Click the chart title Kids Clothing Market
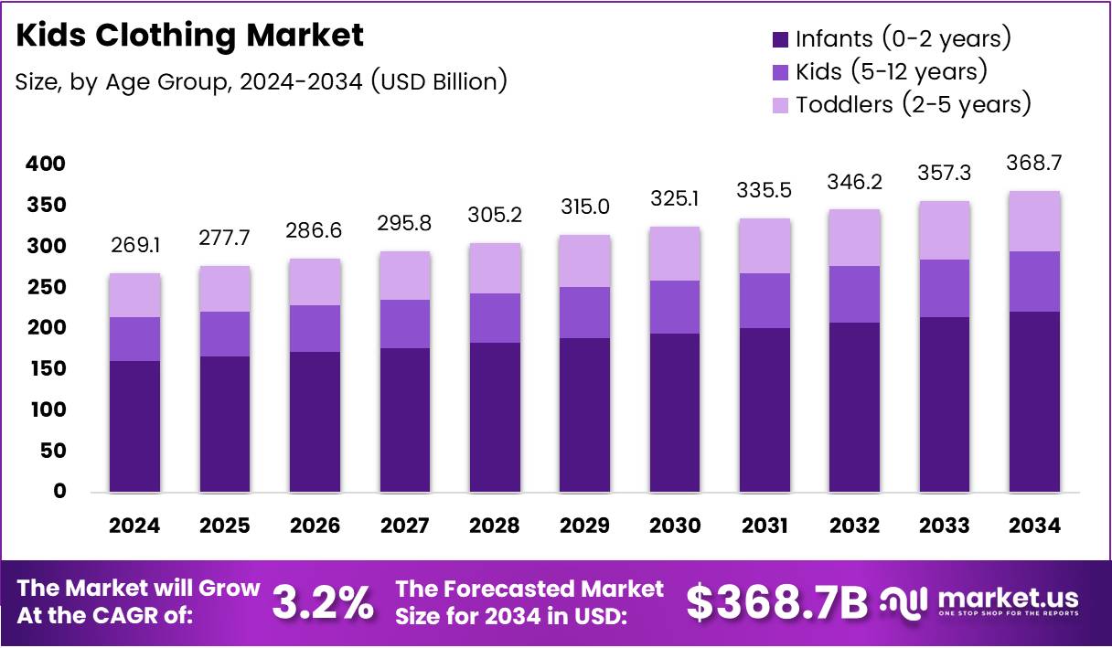point(190,36)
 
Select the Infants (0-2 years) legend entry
point(892,39)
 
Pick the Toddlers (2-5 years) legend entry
point(902,104)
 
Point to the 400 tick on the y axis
point(46,165)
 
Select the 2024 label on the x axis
point(134,526)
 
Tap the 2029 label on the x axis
point(584,526)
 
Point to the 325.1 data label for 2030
point(675,197)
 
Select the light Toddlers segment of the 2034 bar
point(1035,221)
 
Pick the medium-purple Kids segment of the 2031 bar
point(764,301)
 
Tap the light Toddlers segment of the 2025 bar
point(224,289)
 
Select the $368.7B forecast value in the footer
point(776,602)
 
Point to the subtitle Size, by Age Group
point(261,81)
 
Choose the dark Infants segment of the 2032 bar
point(855,407)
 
